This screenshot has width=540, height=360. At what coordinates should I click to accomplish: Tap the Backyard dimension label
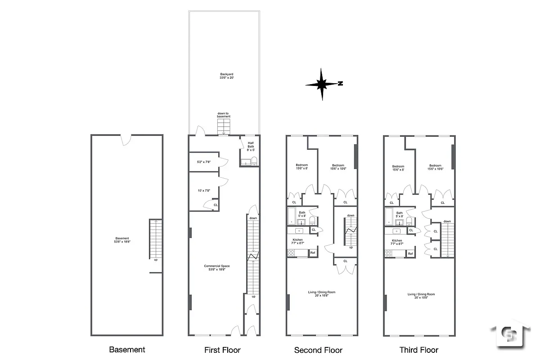226,76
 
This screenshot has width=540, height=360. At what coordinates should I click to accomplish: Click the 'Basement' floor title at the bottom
127,350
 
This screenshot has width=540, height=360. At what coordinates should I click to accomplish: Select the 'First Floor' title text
222,350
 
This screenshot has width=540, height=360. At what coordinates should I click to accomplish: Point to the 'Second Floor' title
318,350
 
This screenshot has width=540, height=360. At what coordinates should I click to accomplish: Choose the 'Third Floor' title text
418,350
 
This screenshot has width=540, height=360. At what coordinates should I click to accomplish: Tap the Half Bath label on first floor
251,146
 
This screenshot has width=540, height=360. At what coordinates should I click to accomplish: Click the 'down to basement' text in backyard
224,115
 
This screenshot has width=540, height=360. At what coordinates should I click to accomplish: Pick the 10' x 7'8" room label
204,191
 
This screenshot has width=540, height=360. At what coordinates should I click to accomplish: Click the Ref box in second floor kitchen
313,253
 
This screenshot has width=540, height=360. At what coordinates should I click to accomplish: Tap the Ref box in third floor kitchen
410,254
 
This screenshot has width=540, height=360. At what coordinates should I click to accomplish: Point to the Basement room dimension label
122,240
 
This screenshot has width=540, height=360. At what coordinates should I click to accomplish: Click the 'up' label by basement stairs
156,259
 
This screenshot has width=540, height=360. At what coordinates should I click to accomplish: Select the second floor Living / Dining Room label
321,294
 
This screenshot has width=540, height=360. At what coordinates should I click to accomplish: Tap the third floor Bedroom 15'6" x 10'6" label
435,167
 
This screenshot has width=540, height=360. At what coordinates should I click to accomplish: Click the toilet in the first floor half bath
254,161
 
